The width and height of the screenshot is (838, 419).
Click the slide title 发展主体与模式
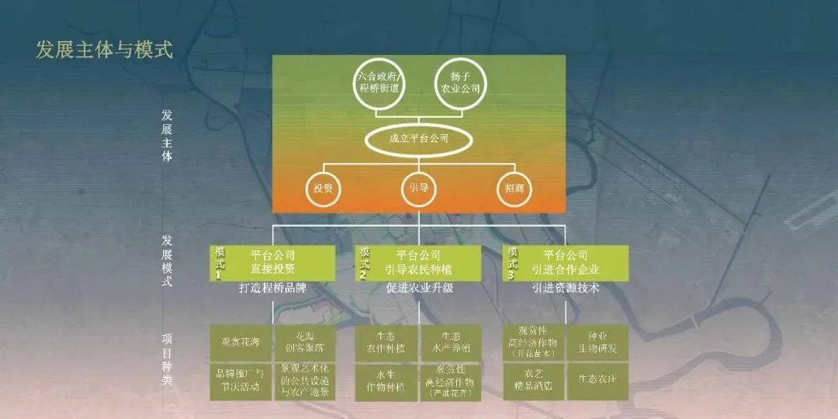(104, 50)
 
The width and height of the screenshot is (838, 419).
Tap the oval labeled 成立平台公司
(419, 140)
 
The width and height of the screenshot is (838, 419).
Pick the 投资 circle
(324, 189)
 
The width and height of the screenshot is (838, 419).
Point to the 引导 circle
(419, 189)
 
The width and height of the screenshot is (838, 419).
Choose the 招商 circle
(515, 189)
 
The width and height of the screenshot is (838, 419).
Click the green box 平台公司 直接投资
(273, 262)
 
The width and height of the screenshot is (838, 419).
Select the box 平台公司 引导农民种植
(418, 262)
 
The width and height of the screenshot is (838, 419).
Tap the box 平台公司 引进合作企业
(565, 262)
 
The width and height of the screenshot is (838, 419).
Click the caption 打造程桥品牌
(272, 288)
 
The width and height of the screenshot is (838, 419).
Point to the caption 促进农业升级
(419, 288)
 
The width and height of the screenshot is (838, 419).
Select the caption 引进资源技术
(566, 288)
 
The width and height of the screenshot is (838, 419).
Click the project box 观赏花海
(240, 342)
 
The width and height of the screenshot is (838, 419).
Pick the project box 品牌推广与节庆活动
(240, 381)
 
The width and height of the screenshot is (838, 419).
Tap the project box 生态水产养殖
(451, 342)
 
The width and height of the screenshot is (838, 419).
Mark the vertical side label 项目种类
(167, 359)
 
